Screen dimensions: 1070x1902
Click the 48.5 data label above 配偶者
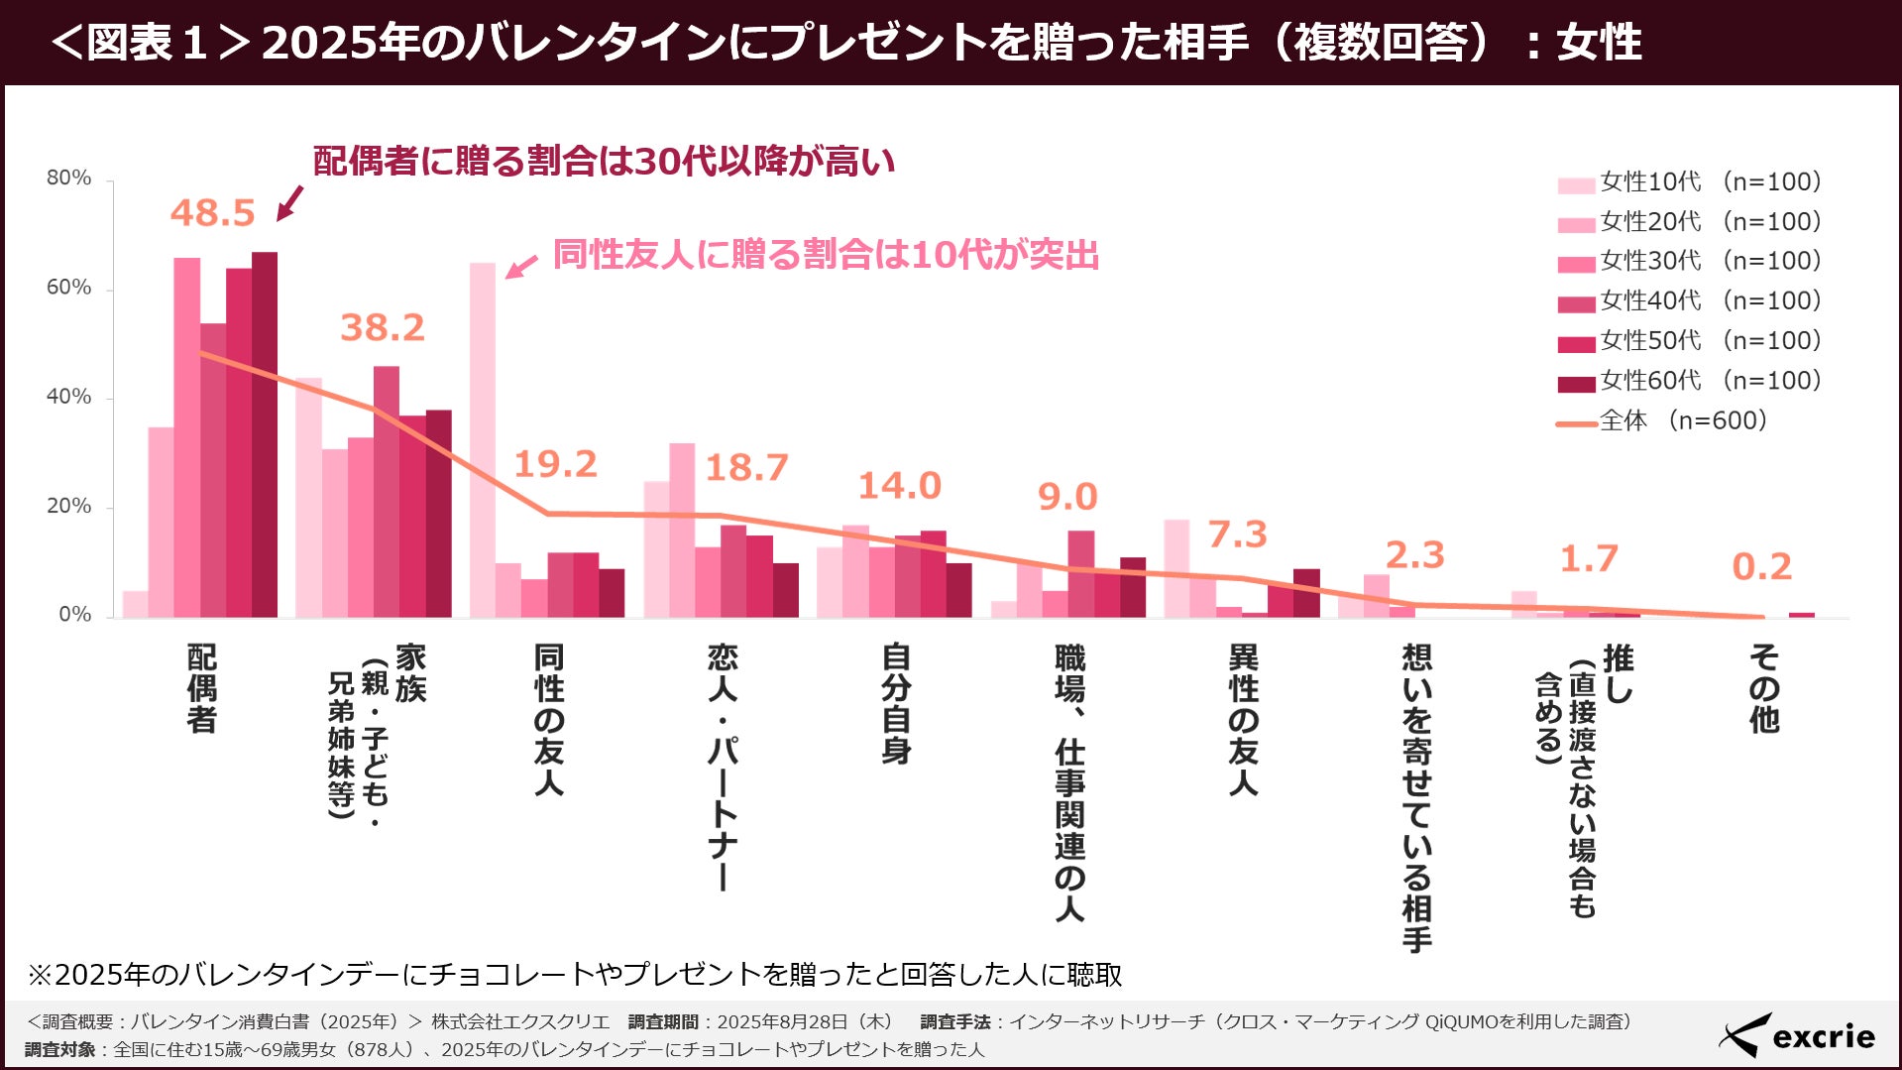212,212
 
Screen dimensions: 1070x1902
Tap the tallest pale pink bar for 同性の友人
482,440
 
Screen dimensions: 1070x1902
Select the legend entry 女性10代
1689,182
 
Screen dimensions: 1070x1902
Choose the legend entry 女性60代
1689,381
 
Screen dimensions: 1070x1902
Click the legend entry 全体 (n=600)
1662,421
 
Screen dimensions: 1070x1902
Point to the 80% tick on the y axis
68,178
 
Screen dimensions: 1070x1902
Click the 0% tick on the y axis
74,615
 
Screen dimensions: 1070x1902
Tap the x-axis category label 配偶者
201,688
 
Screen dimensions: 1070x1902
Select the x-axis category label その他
1763,688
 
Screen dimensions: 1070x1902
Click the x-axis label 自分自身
896,703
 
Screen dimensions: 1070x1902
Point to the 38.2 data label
382,327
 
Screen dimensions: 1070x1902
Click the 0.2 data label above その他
1761,567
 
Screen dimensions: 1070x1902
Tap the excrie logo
1796,1036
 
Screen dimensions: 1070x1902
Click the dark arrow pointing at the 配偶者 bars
289,202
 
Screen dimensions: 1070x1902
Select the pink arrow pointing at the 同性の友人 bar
521,266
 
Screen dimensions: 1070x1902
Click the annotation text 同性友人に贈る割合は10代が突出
826,255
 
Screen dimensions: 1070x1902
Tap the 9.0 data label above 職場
1066,497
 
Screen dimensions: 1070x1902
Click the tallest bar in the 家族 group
386,492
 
